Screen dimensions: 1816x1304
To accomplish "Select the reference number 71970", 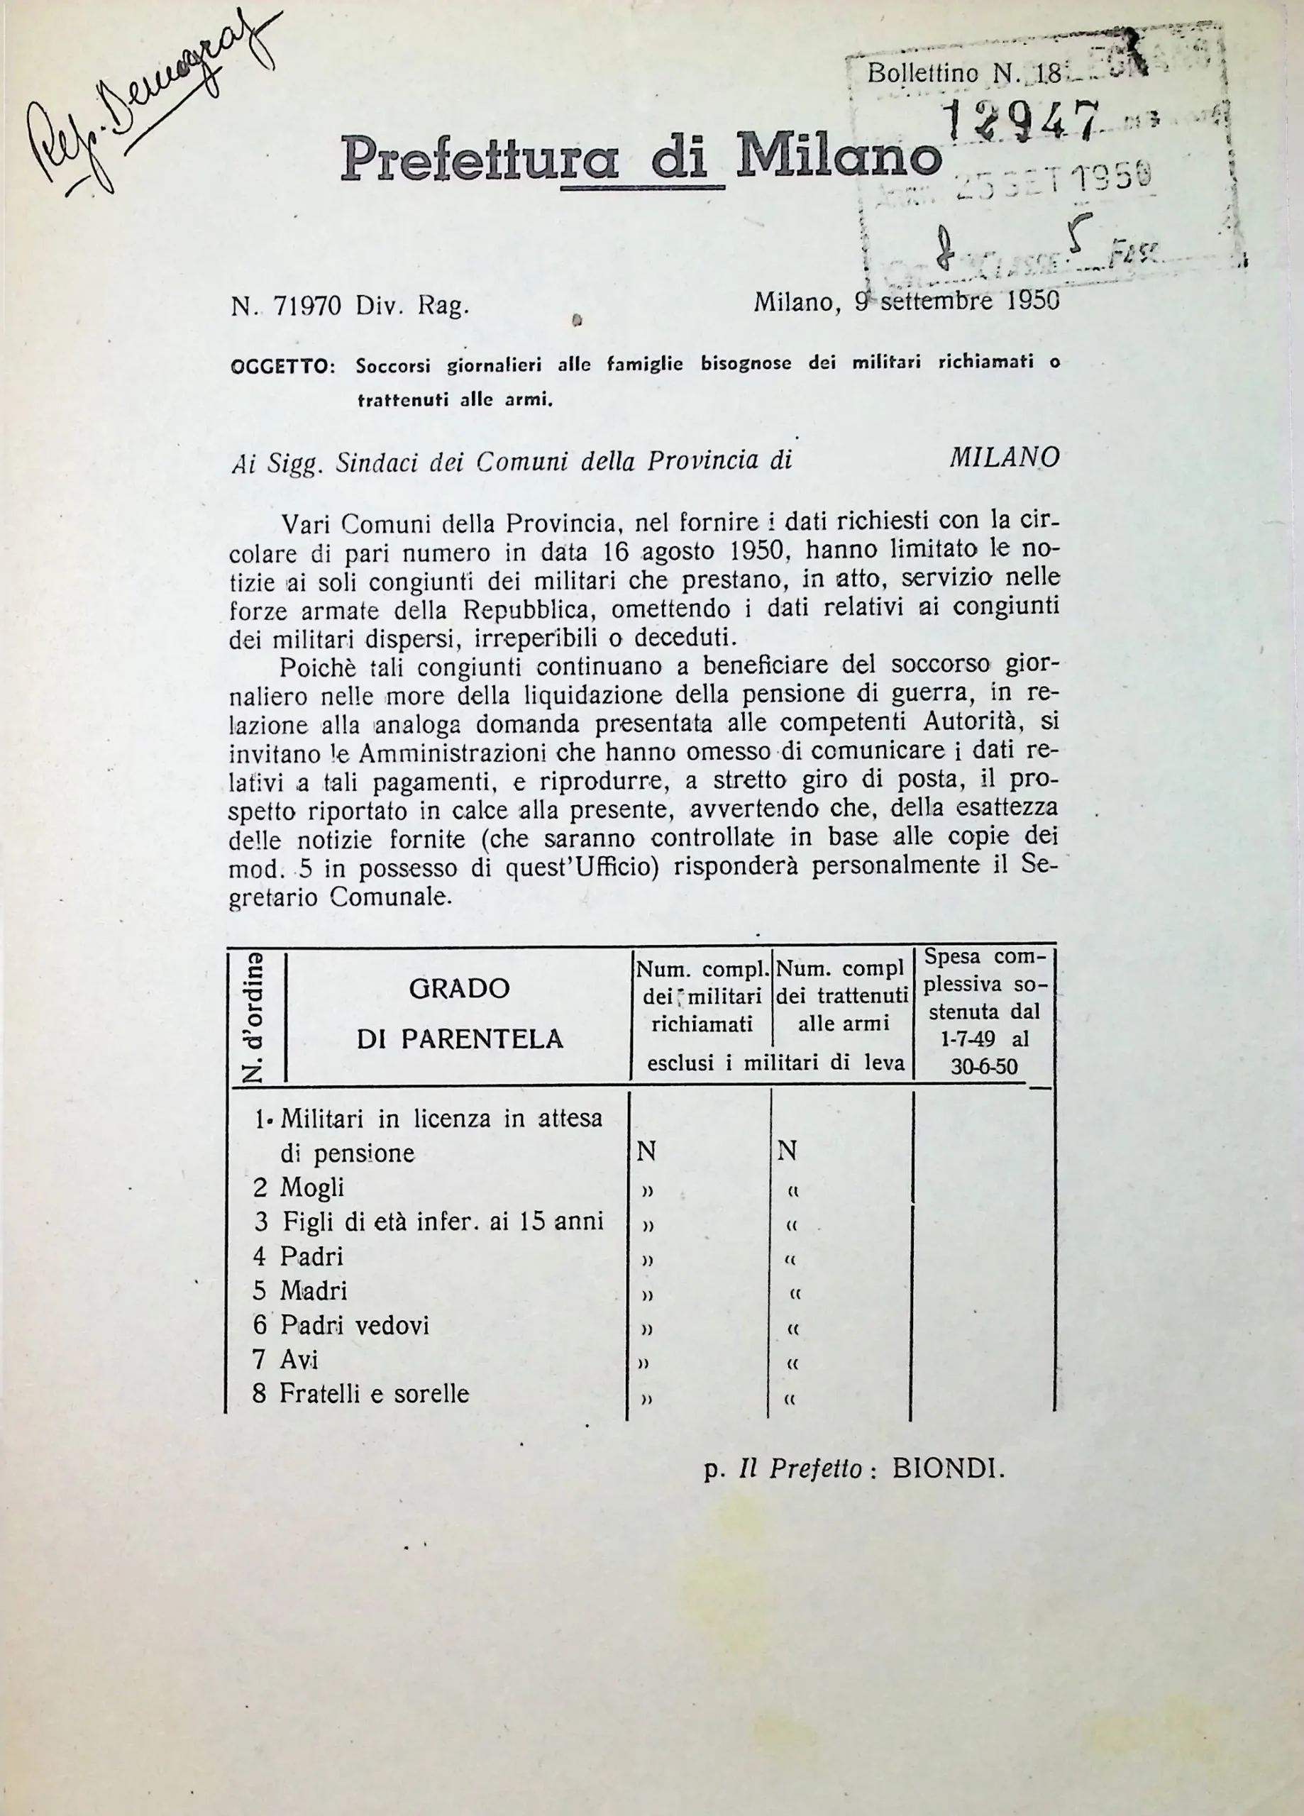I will (308, 306).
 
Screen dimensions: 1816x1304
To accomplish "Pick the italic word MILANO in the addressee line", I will (1004, 458).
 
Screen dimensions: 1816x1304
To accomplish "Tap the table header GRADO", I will (459, 989).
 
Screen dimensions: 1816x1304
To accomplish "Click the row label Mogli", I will (311, 1187).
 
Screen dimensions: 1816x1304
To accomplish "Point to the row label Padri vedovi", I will (354, 1325).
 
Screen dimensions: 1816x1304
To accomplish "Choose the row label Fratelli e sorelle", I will (373, 1394).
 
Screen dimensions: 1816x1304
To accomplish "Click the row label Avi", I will (299, 1360).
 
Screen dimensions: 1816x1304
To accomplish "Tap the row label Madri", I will (313, 1291).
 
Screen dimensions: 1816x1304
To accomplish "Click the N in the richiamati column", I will (646, 1151).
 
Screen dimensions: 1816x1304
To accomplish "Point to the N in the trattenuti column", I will (787, 1151).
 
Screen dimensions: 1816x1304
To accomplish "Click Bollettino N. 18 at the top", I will (963, 74).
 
